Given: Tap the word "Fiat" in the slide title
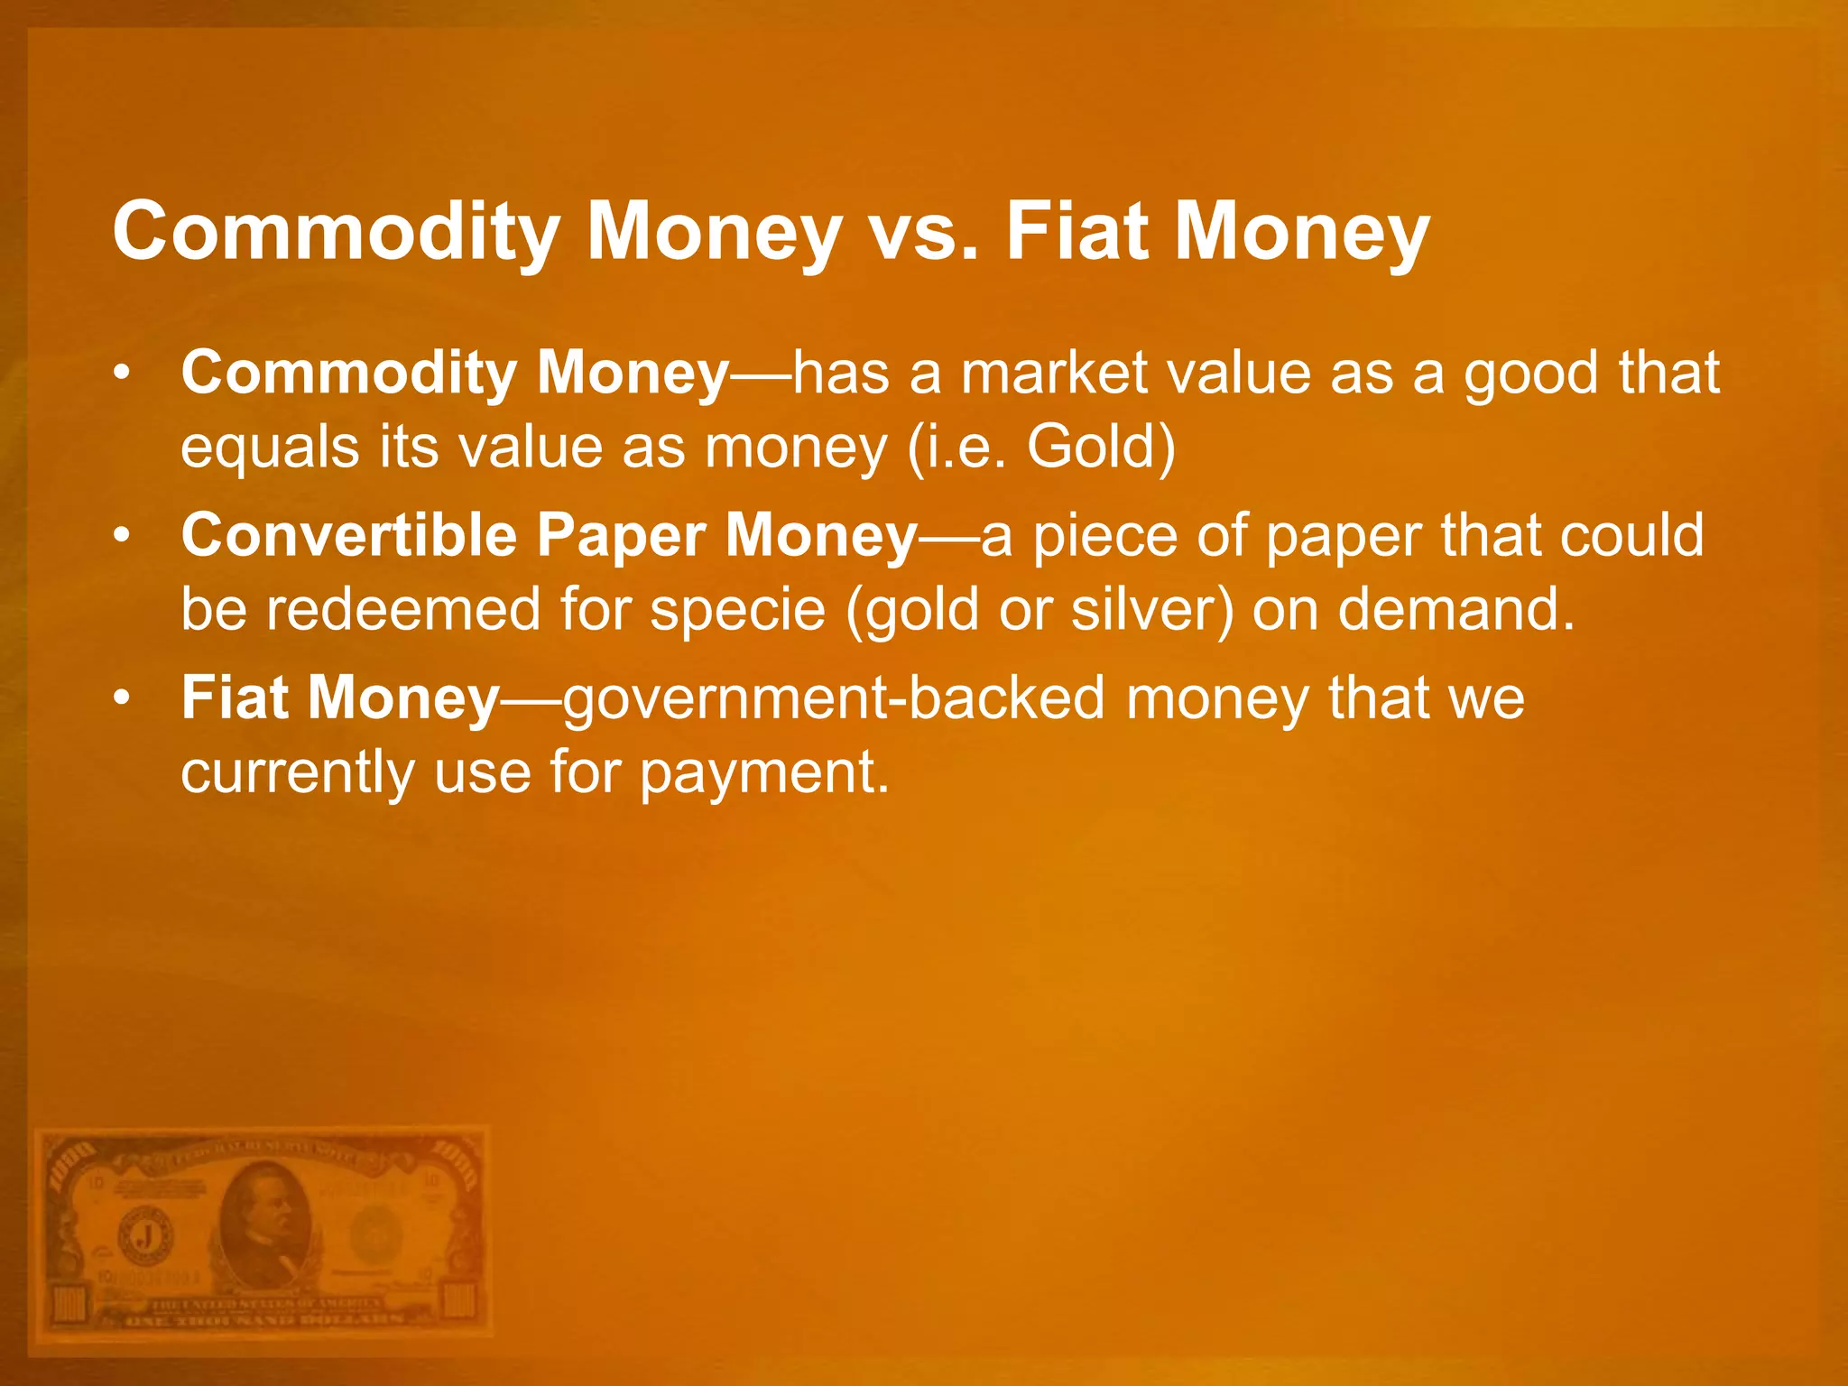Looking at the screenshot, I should [1077, 233].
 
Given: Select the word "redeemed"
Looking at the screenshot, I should [402, 609].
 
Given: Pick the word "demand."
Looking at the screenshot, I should [1455, 609].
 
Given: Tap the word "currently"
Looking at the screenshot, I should [296, 772].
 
